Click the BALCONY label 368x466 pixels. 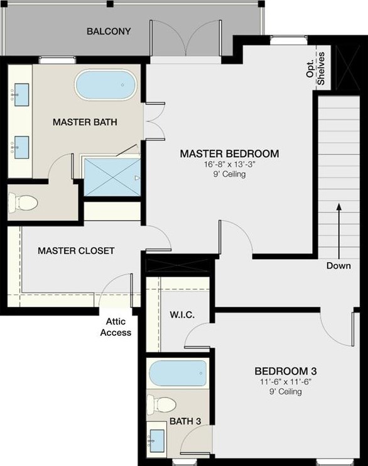(x=109, y=31)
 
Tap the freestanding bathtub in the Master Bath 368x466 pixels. (x=106, y=85)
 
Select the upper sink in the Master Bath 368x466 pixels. (x=21, y=95)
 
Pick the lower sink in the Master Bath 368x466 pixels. (x=21, y=147)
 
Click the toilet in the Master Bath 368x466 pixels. (x=23, y=203)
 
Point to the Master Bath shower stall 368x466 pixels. (x=112, y=177)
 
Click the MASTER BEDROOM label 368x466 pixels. (x=229, y=153)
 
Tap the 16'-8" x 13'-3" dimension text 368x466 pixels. (x=229, y=164)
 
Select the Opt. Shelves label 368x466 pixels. (x=316, y=69)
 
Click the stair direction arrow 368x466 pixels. (x=338, y=231)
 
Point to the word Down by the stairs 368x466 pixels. (x=338, y=265)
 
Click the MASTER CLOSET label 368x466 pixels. (x=76, y=250)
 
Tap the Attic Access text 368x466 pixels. (x=116, y=327)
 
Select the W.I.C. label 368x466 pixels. (x=182, y=314)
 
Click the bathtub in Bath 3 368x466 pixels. (x=178, y=374)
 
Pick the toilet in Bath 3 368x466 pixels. (x=162, y=404)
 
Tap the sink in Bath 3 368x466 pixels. (x=157, y=441)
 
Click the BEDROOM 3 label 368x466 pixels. (x=286, y=371)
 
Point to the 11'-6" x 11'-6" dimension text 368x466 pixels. (x=286, y=381)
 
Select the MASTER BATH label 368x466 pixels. (x=85, y=122)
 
